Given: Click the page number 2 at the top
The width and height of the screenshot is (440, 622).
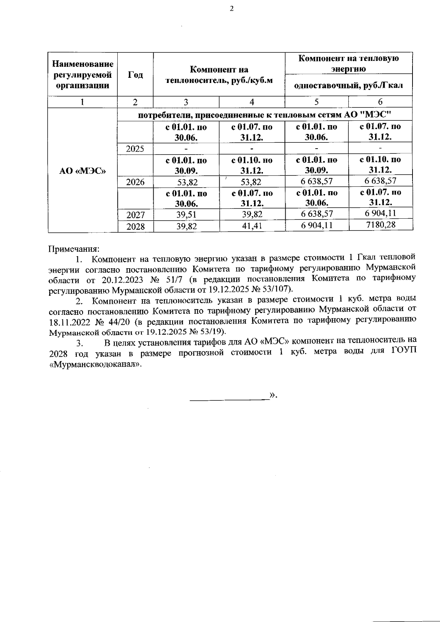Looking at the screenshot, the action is coord(231,9).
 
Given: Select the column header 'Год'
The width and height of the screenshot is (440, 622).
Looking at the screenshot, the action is coord(135,75).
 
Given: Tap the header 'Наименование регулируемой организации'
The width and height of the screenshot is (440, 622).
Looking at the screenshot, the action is coord(82,75).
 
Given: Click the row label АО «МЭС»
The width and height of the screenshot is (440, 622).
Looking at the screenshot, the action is coord(82,171).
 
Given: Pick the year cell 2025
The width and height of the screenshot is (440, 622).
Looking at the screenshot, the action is coord(135,149).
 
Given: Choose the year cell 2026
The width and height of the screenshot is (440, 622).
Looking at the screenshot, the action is coord(135,182).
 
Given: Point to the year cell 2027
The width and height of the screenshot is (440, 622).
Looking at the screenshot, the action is coord(135,215).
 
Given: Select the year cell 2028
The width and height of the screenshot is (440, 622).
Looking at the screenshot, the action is coord(135,226).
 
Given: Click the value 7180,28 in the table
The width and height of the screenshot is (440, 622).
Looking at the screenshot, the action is coord(381,224).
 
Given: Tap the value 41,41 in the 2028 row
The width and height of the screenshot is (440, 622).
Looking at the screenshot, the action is coord(252,226).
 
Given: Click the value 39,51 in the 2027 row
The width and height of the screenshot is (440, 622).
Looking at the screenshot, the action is coord(187,215).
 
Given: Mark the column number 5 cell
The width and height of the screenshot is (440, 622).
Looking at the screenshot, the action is coord(316,102).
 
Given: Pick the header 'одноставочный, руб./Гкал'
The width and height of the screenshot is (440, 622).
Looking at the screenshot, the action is coord(349,86).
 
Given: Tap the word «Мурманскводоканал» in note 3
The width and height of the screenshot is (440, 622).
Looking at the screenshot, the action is coord(95,365).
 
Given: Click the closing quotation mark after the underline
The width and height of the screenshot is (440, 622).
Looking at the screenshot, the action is coord(272,395).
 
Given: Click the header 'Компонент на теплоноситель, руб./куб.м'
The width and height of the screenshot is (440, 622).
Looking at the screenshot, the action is coord(219,75).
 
